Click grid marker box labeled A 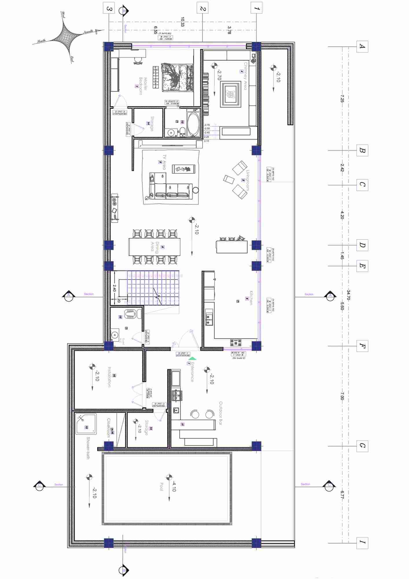tap(362, 46)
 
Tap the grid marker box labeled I tap(362, 542)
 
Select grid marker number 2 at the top tap(202, 8)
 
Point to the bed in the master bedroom tap(177, 78)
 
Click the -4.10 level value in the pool tap(174, 487)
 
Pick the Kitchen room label tap(251, 298)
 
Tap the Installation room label tap(109, 377)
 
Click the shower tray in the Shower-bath tap(86, 424)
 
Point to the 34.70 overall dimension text tap(349, 295)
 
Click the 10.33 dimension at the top tap(183, 22)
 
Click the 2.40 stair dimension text tap(114, 288)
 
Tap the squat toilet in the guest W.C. tap(131, 314)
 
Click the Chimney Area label tap(246, 76)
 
